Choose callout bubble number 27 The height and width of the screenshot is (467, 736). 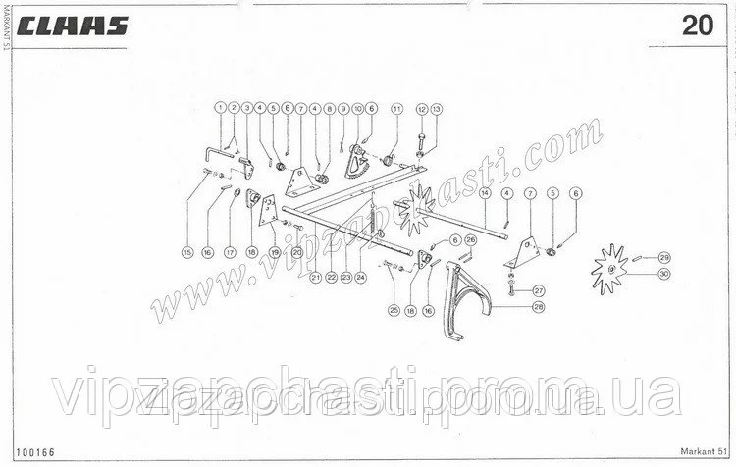(x=539, y=290)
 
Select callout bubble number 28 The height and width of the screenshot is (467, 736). (x=539, y=308)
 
